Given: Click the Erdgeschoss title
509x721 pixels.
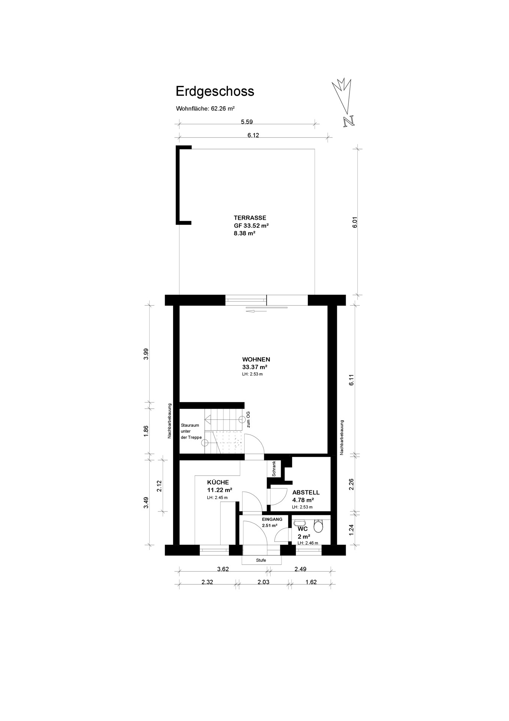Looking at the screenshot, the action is tap(215, 92).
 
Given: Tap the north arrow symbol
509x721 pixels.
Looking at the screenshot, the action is tap(345, 102).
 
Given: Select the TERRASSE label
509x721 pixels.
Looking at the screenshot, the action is tap(250, 218).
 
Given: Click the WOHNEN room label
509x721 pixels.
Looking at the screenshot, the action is tap(256, 359).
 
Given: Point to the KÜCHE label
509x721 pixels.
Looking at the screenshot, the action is tap(218, 483).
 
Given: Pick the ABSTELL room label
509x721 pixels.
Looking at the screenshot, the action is tap(306, 493).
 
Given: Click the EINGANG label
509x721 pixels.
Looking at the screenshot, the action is tap(272, 519).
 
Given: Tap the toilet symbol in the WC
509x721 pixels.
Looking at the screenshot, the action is tap(318, 526).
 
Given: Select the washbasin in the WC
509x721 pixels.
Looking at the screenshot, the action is tap(299, 523).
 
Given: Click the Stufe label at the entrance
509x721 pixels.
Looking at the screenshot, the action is tap(261, 560).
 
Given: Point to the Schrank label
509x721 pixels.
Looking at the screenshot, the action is tap(274, 469).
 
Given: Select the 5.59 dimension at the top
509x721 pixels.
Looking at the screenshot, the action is tap(247, 122).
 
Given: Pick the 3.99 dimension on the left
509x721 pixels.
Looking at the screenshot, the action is tap(146, 354).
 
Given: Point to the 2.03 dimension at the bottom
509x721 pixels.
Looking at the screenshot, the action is tap(263, 582).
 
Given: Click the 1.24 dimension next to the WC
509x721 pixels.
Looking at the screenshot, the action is tap(351, 529).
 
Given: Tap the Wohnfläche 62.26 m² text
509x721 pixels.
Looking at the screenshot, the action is tap(205, 109).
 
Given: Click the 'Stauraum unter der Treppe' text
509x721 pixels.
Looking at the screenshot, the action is tap(191, 431).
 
